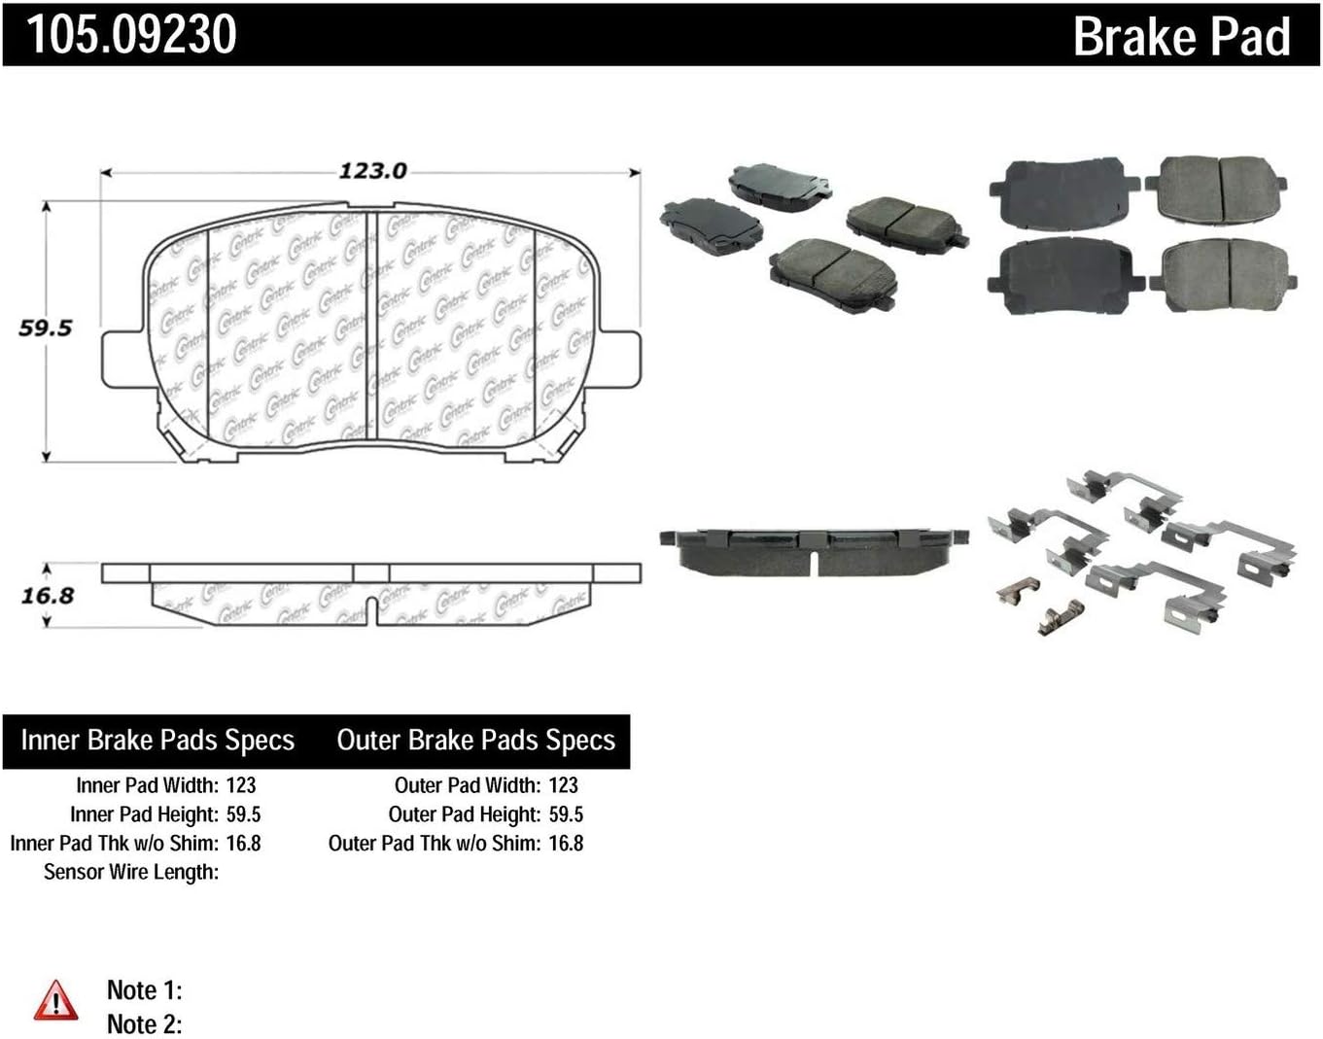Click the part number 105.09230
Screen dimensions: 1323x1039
tap(131, 34)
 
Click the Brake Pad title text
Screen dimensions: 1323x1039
tap(1181, 36)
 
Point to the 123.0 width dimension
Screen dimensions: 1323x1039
tap(372, 171)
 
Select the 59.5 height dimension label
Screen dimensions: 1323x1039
tap(46, 329)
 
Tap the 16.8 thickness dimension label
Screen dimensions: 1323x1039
tap(48, 595)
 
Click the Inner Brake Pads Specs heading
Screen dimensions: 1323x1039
tap(157, 741)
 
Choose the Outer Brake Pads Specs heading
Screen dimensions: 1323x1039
tap(475, 741)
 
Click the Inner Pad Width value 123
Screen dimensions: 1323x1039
tap(241, 785)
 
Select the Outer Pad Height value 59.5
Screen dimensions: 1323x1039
tap(566, 814)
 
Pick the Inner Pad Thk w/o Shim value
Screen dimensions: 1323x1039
tap(243, 844)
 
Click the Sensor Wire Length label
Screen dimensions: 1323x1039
tap(131, 873)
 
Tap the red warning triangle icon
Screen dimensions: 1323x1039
tap(55, 1001)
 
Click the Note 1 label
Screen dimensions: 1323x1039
tap(144, 990)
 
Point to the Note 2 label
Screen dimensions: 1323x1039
tap(144, 1024)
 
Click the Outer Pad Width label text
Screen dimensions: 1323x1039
tap(467, 785)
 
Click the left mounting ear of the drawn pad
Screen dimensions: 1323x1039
tap(123, 358)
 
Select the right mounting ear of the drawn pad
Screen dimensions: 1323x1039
tap(619, 358)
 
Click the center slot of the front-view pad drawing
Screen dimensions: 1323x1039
tap(370, 326)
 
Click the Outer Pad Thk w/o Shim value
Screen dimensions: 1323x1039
tap(566, 844)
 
